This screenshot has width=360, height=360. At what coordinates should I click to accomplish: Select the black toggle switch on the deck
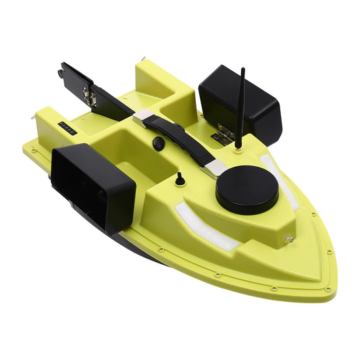[x=180, y=179]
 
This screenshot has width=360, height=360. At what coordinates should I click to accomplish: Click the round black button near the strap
[x=158, y=143]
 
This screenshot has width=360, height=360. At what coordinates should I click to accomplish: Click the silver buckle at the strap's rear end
[x=143, y=118]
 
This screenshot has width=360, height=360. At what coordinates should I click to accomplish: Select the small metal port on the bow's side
[x=289, y=238]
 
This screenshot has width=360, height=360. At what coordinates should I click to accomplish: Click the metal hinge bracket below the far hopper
[x=216, y=136]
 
